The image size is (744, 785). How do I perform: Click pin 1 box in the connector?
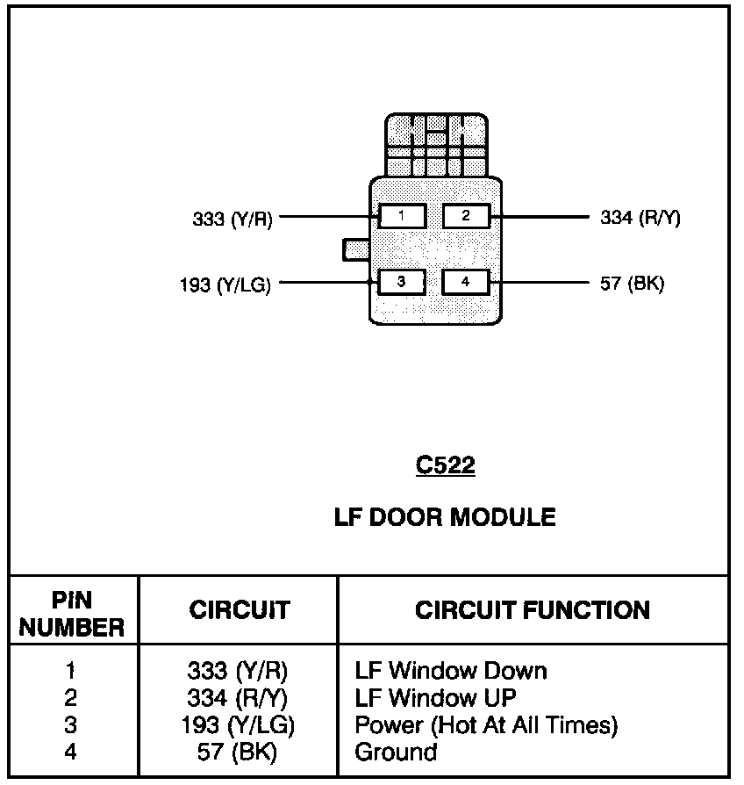pyautogui.click(x=402, y=215)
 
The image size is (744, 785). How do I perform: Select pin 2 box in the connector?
pyautogui.click(x=466, y=215)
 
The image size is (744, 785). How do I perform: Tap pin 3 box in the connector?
pyautogui.click(x=402, y=282)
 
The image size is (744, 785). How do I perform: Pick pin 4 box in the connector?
pyautogui.click(x=466, y=282)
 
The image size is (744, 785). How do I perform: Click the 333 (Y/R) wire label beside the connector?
pyautogui.click(x=232, y=219)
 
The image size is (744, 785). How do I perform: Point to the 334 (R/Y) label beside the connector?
pyautogui.click(x=640, y=218)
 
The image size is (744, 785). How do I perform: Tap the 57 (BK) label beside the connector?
pyautogui.click(x=632, y=284)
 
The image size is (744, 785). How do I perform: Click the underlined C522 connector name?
pyautogui.click(x=445, y=465)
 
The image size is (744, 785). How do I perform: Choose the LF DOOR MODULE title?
pyautogui.click(x=445, y=516)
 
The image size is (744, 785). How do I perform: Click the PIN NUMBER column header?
pyautogui.click(x=72, y=614)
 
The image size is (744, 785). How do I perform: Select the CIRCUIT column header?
pyautogui.click(x=240, y=610)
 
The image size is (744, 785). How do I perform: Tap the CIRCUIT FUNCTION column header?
pyautogui.click(x=533, y=610)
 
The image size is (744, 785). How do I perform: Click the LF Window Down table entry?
pyautogui.click(x=450, y=671)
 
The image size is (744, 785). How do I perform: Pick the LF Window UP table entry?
pyautogui.click(x=435, y=698)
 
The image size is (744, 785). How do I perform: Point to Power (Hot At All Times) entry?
pyautogui.click(x=486, y=725)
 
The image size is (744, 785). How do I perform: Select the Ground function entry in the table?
pyautogui.click(x=396, y=752)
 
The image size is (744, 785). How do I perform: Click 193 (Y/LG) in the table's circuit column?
pyautogui.click(x=240, y=725)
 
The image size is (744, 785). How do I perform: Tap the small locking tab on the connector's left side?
pyautogui.click(x=356, y=248)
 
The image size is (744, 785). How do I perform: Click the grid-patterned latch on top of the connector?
pyautogui.click(x=436, y=145)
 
